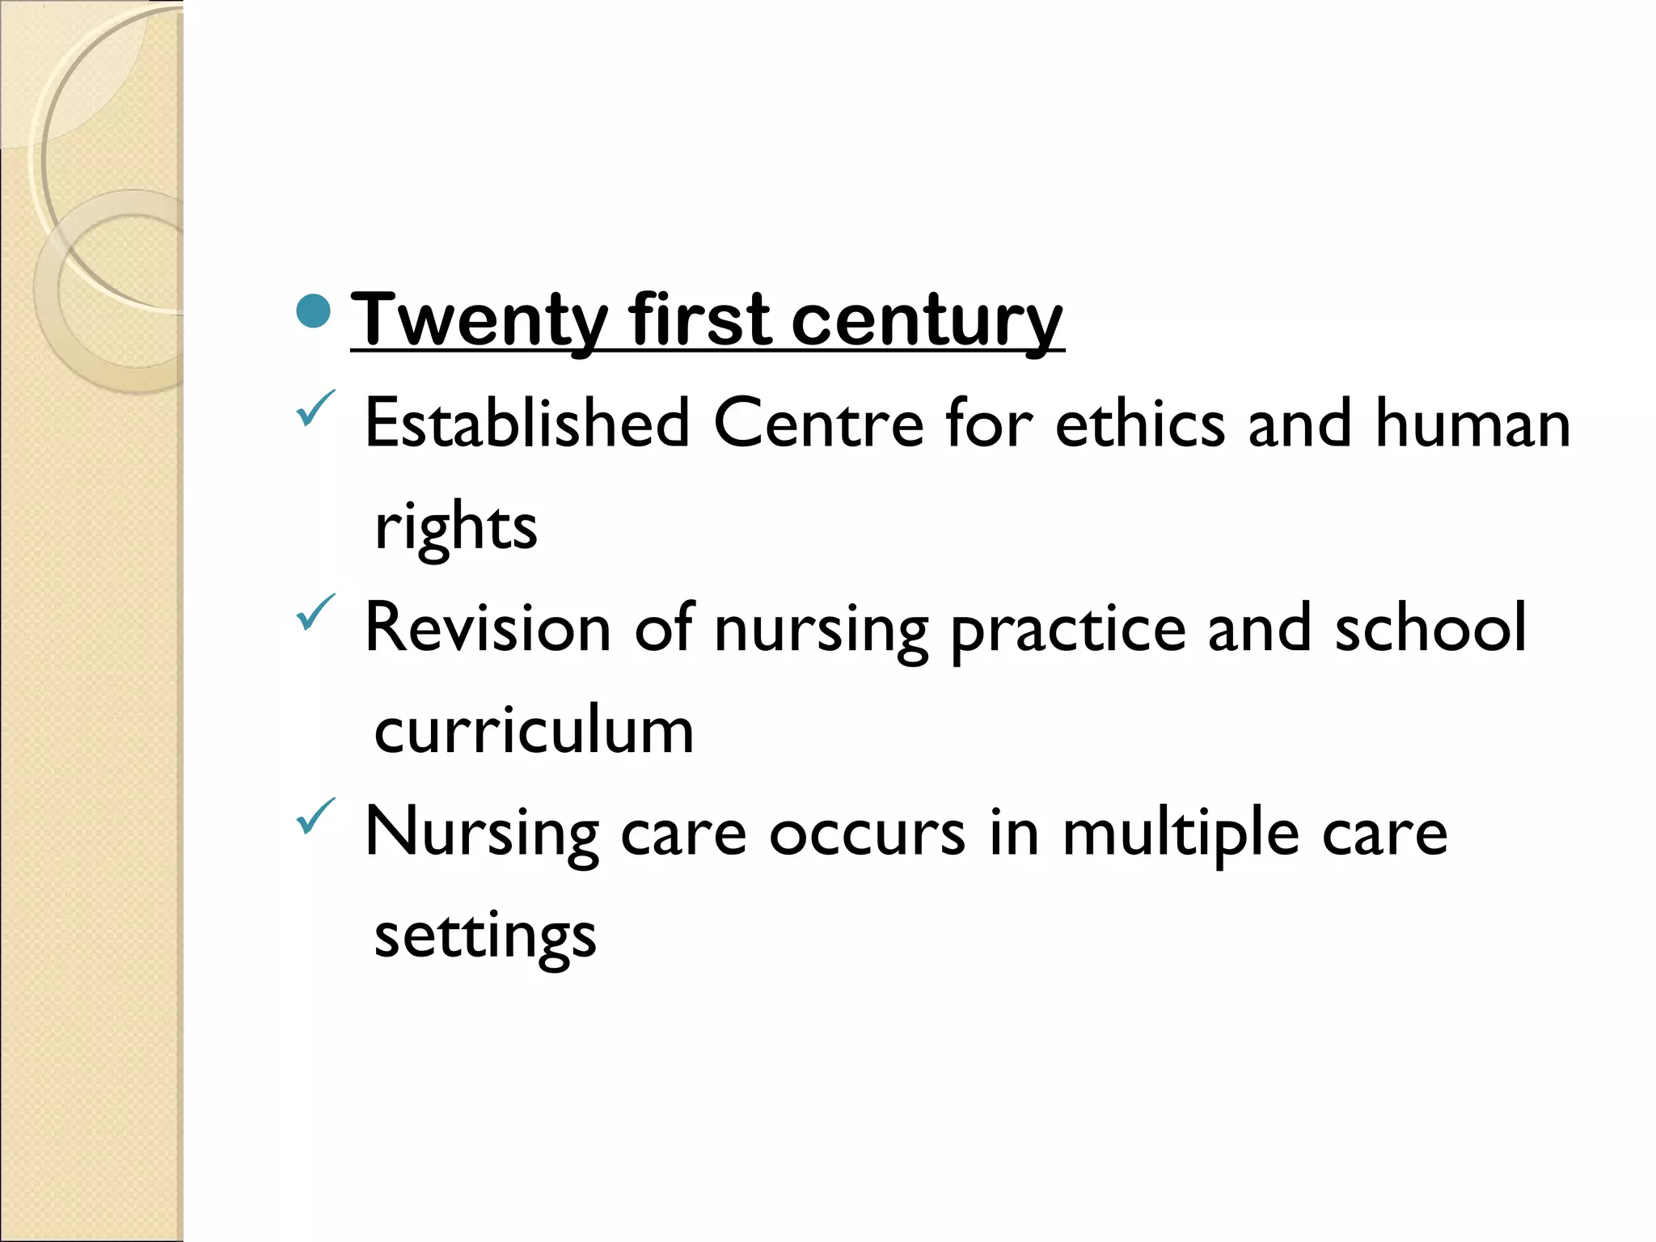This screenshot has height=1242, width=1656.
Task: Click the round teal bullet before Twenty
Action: pos(314,311)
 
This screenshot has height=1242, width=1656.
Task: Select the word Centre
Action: pos(817,423)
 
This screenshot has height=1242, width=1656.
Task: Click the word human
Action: pos(1472,423)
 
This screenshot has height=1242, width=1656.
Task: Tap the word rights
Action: pos(456,527)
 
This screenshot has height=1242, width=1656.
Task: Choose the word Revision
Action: pos(488,627)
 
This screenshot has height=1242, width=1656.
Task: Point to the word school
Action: pos(1430,627)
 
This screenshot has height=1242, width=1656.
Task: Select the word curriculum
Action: pos(534,730)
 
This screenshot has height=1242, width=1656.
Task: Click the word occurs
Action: pos(867,834)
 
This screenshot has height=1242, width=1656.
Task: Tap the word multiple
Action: pos(1181,834)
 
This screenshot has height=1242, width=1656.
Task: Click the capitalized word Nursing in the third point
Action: pos(482,834)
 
